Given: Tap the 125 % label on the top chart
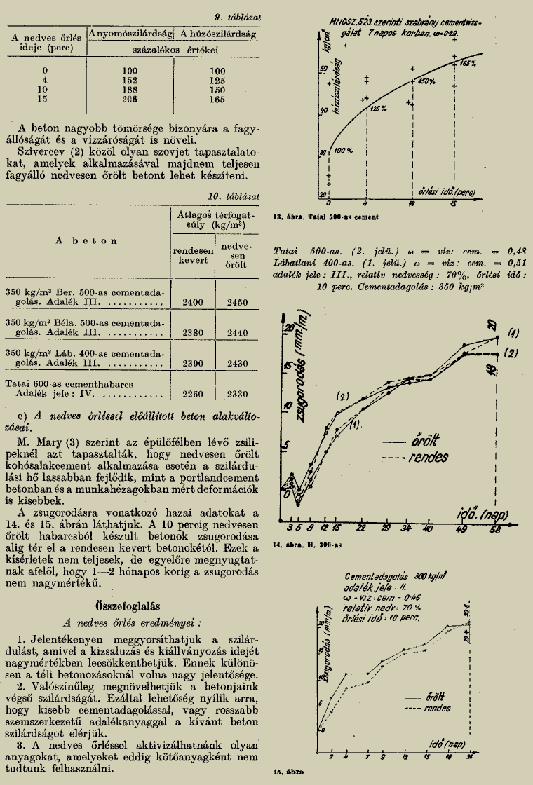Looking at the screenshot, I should pos(379,109).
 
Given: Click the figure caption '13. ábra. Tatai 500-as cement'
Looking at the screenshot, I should pos(312,218).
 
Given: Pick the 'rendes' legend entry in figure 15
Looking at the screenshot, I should pos(438,709).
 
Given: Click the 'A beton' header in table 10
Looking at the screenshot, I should pos(86,241).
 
